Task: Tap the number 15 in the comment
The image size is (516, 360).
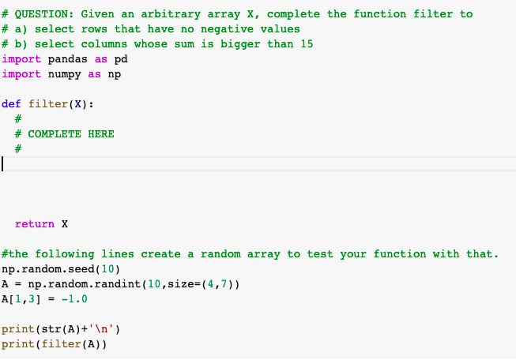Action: [x=307, y=43]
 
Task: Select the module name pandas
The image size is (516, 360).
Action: [x=67, y=58]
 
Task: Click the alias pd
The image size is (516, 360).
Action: [x=121, y=58]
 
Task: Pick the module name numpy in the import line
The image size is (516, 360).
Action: [x=64, y=73]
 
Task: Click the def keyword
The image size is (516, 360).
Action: [x=12, y=103]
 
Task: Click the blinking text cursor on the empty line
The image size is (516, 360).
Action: [x=3, y=164]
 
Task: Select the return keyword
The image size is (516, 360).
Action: [x=35, y=224]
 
